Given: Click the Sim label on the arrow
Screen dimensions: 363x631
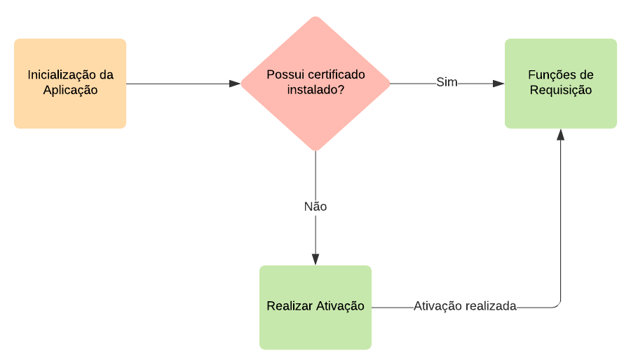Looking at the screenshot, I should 447,83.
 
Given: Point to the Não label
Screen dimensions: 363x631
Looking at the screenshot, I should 315,207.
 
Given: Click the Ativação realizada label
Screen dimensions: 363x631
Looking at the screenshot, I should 465,307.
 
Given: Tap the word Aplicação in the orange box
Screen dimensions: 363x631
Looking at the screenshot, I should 70,91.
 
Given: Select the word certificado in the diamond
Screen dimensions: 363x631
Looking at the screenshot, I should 337,75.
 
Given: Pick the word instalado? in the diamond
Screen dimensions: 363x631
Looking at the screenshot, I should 315,91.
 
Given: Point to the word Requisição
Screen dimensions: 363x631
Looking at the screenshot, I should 561,91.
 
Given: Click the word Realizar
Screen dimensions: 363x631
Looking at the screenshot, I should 289,307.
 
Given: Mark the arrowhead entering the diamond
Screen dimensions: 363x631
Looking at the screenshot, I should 235,84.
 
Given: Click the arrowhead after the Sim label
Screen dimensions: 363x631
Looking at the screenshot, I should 498,84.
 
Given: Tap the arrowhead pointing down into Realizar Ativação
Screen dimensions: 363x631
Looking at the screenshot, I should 315,259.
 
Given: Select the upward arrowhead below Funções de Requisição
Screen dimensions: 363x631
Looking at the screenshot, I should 560,135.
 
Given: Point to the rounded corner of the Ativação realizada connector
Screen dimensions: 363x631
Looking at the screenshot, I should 558,305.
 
